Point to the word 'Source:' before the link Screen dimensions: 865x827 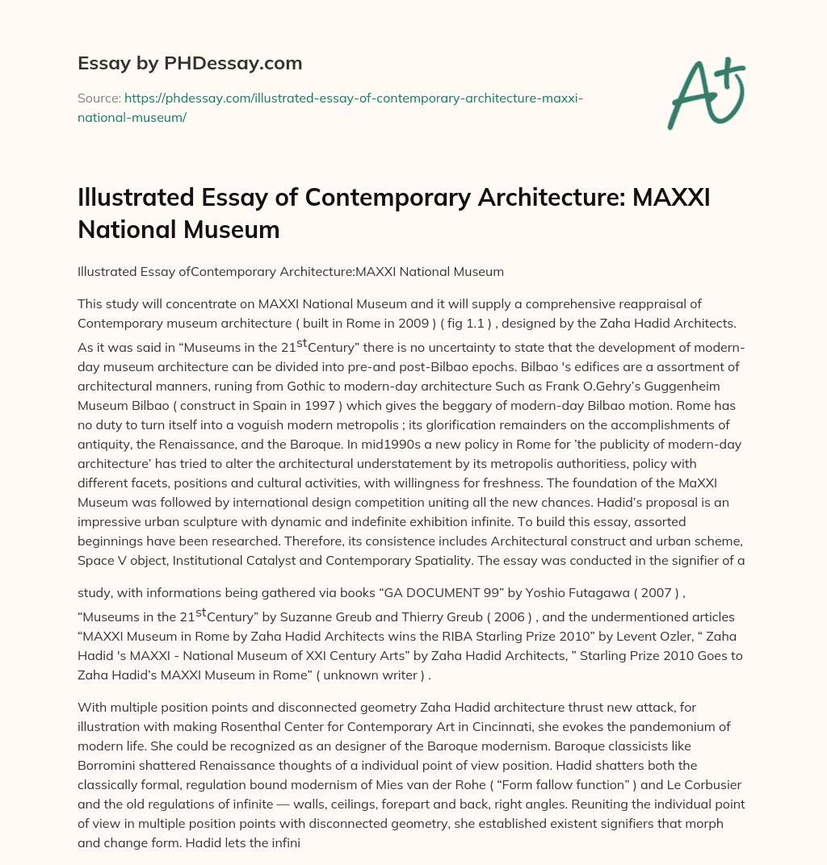[x=99, y=98]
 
